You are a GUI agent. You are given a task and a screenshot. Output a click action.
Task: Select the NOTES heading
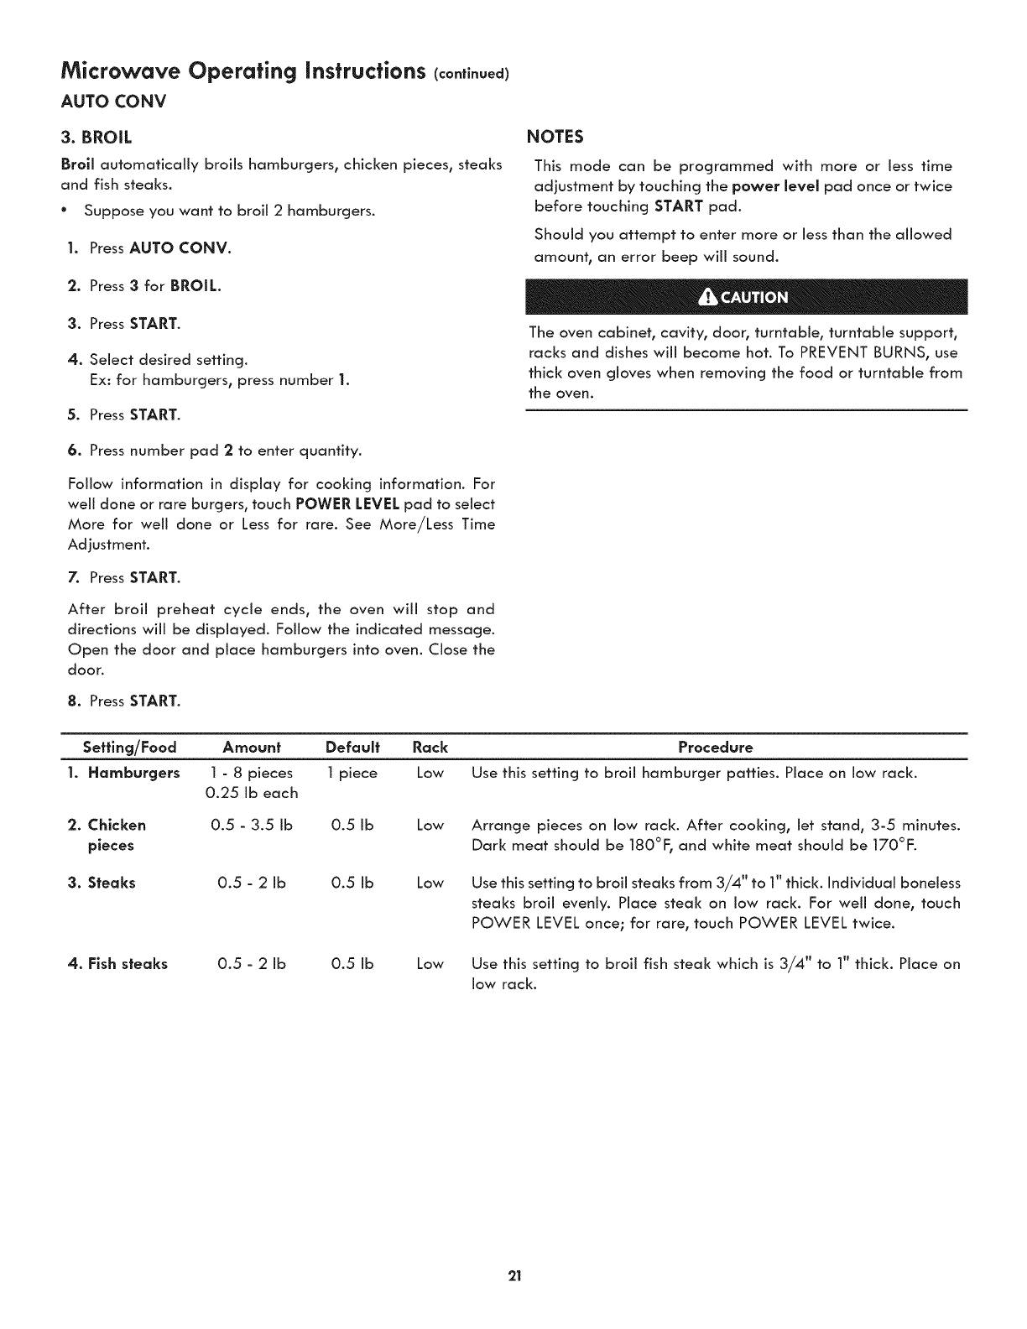[x=554, y=137]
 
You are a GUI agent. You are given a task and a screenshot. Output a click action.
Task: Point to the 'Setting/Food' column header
[x=129, y=747]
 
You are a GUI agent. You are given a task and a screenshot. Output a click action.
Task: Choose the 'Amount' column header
[x=251, y=747]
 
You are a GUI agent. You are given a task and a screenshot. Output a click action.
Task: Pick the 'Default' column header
[x=352, y=747]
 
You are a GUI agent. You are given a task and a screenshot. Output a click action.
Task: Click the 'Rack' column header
[x=430, y=747]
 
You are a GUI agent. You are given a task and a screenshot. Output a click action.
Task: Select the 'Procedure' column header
[x=715, y=747]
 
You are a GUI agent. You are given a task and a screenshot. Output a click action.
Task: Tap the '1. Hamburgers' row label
[x=123, y=773]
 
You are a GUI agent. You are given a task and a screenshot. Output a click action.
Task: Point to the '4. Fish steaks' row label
[x=117, y=964]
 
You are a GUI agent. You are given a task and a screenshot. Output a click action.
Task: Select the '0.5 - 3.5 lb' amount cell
[x=251, y=825]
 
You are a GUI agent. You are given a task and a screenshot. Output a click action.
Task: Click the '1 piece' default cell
[x=352, y=773]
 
